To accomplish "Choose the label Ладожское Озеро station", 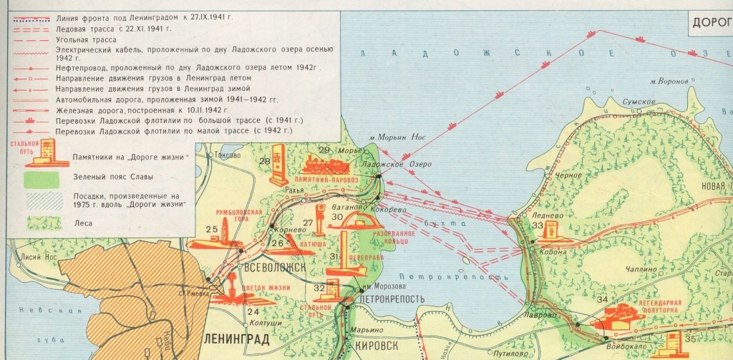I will (x=388, y=164).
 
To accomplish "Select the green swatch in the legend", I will (x=42, y=177).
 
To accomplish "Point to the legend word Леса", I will (x=82, y=223).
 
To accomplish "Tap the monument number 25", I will (x=211, y=230).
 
